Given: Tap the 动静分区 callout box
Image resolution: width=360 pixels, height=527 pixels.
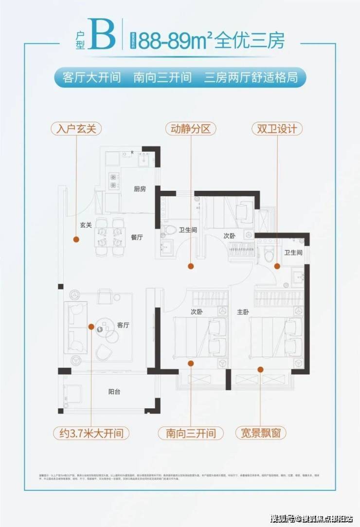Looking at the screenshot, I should tap(190, 129).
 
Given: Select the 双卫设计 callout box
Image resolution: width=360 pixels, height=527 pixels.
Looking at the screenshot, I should tap(277, 129).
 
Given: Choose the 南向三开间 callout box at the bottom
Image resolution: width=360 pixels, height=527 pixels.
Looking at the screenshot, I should tap(190, 432).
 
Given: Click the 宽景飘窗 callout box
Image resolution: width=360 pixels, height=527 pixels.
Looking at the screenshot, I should tap(261, 432).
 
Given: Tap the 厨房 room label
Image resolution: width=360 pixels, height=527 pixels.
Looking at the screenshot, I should tap(140, 189).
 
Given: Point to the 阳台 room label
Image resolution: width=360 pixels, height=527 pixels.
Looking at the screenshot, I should tap(115, 390).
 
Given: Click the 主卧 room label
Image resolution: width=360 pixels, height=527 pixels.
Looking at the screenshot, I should tap(243, 312).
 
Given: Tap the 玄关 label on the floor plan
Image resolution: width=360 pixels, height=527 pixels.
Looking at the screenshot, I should tap(87, 225).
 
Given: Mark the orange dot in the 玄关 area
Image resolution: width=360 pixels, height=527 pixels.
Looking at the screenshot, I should tap(76, 239).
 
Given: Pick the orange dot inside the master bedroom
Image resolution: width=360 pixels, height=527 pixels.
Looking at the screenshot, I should tap(261, 369).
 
